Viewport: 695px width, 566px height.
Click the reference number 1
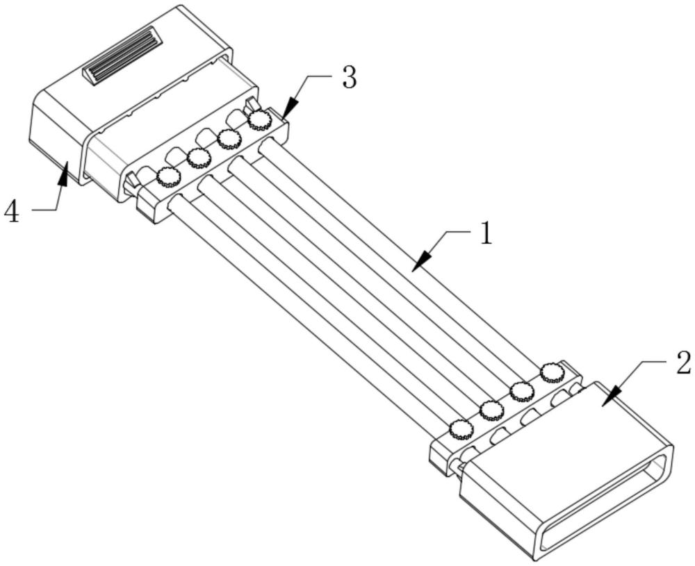[x=486, y=233]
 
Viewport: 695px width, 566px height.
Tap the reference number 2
[x=683, y=363]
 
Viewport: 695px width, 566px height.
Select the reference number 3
[x=350, y=78]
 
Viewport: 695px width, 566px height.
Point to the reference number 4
[x=12, y=212]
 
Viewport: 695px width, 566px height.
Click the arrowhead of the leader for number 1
[x=421, y=261]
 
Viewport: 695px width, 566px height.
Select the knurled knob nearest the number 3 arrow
[x=259, y=119]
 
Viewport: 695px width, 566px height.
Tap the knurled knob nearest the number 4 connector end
[x=168, y=177]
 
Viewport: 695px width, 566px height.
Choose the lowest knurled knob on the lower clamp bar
[x=461, y=430]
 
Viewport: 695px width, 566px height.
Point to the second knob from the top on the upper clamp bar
[x=229, y=139]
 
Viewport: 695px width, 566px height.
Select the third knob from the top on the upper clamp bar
[x=199, y=158]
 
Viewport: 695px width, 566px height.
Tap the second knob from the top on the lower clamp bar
[x=522, y=392]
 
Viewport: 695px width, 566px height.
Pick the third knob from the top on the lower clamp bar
[x=491, y=410]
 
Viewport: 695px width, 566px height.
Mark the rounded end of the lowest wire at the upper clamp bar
[x=178, y=202]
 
